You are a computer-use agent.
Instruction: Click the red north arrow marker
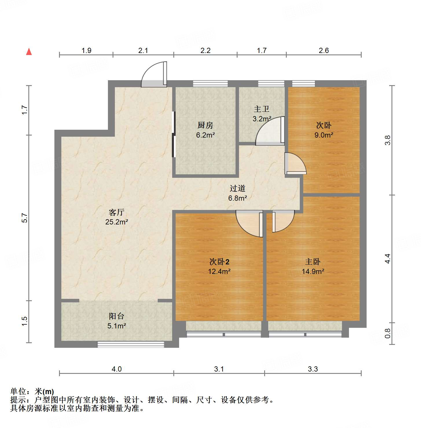pos(29,52)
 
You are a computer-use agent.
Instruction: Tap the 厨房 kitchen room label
pos(205,125)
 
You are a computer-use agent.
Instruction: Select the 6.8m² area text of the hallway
pos(238,198)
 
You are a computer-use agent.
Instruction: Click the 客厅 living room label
pos(117,213)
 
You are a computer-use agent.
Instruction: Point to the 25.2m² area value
pos(117,222)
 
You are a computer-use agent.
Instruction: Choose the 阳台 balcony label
pos(117,316)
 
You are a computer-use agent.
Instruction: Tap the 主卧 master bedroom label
pos(313,262)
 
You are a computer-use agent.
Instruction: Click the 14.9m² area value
pos(313,271)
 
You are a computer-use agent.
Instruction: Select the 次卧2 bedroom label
pos(219,262)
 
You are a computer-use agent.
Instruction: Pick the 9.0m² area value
pos(324,135)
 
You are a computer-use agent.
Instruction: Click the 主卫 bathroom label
pos(262,109)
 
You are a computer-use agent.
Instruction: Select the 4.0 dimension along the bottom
pos(117,369)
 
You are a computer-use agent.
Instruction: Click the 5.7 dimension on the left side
pos(25,218)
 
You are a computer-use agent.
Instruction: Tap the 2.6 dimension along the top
pos(324,51)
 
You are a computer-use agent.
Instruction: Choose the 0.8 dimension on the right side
pos(388,333)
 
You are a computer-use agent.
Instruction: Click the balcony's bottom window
pos(131,344)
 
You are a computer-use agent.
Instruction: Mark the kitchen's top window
pos(210,83)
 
